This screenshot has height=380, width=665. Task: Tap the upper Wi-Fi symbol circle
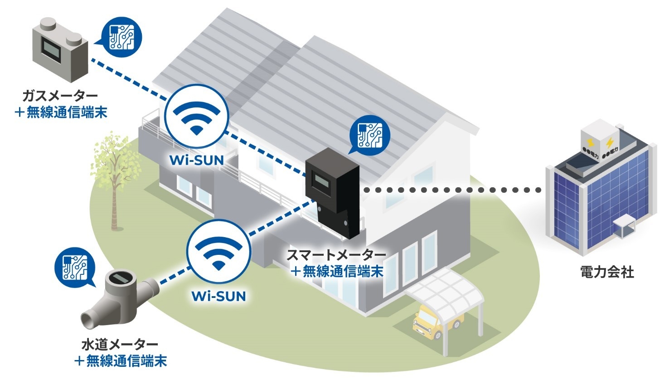click(197, 116)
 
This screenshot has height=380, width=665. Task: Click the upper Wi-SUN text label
click(196, 161)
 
